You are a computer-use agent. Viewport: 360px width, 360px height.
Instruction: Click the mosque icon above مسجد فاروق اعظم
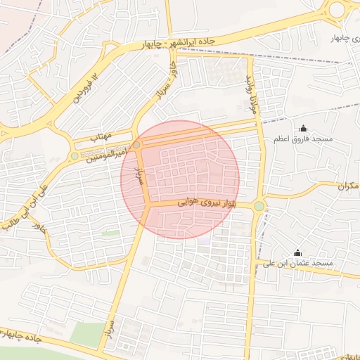tap(303, 128)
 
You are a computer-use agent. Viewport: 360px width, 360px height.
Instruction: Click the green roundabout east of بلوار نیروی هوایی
tap(259, 205)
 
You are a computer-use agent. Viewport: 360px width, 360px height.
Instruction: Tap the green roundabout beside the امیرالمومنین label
tap(75, 155)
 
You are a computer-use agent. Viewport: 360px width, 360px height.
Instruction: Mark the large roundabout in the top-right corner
tap(337, 9)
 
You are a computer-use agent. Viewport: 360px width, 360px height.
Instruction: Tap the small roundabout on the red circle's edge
tap(137, 144)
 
